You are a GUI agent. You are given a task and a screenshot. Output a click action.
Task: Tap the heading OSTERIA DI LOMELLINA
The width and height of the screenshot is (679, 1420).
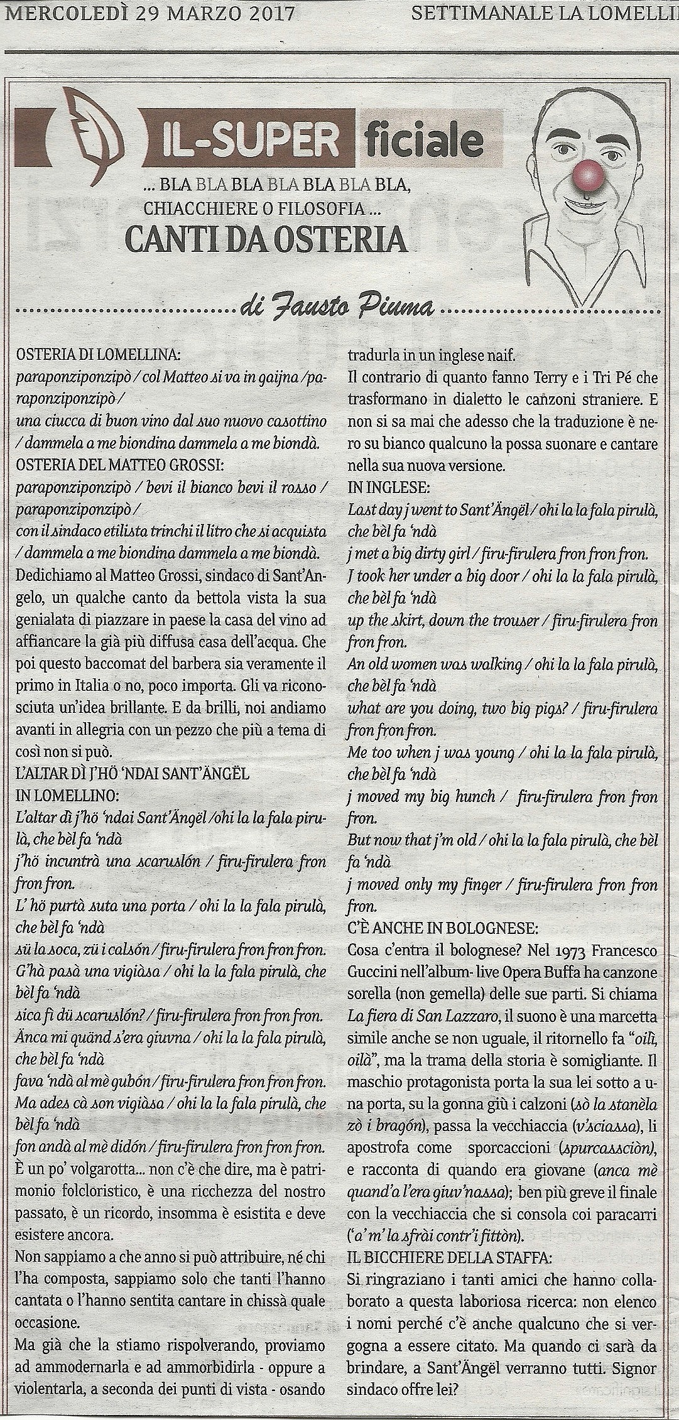(x=97, y=355)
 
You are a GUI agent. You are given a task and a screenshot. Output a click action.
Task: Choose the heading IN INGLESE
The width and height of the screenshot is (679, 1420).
(x=382, y=487)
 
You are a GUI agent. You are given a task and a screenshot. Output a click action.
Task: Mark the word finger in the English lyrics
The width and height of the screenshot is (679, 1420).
(x=486, y=885)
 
